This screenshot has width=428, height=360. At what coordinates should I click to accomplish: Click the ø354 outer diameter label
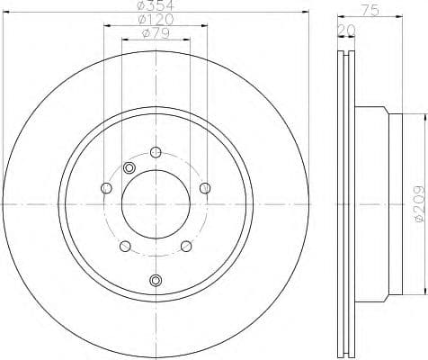155,7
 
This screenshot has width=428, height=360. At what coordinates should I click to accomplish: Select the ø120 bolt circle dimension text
155,21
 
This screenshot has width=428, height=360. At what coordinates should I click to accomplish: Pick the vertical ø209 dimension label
415,204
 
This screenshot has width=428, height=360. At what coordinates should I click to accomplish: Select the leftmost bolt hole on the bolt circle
106,187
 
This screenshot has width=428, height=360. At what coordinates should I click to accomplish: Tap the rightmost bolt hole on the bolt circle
205,187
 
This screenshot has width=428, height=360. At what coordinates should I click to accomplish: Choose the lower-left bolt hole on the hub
125,246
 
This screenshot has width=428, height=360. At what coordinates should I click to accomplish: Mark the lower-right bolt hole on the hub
186,246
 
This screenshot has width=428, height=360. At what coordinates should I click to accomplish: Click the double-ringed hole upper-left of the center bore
129,168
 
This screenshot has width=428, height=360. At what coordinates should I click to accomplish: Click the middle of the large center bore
156,205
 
